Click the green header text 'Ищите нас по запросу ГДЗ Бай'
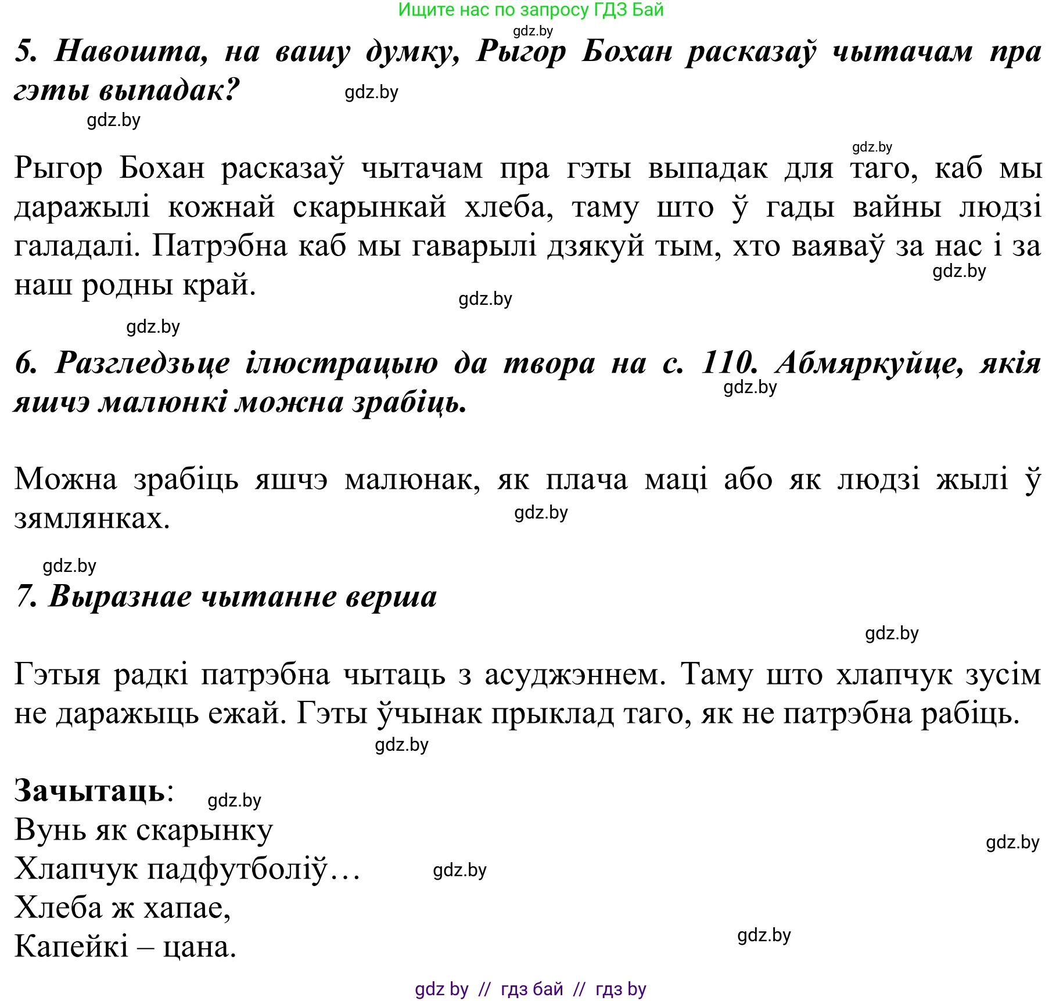point(530,10)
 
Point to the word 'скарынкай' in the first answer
point(369,207)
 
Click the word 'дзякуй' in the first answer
point(595,246)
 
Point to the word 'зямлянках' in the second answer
point(91,518)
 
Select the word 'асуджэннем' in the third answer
point(574,674)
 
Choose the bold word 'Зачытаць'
point(90,790)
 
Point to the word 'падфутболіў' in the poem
point(238,869)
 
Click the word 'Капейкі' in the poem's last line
point(71,947)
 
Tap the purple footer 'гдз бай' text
point(531,988)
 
